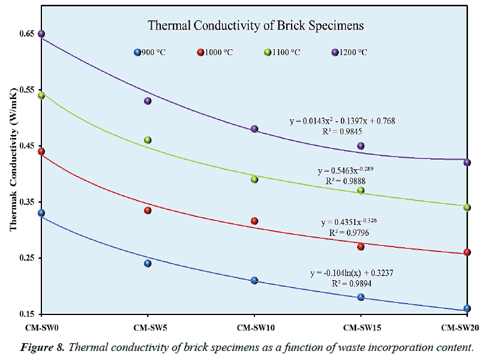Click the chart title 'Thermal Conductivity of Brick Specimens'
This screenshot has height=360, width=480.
256,26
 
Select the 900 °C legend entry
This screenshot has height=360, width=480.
150,52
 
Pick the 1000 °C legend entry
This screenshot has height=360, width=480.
215,52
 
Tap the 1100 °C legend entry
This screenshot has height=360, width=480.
283,52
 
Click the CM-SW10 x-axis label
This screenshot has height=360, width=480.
254,328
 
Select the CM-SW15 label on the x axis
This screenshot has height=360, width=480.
361,328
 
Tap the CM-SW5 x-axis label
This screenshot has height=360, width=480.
148,328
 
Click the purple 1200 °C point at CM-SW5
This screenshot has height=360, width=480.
148,101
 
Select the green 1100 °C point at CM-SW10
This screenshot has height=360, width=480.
254,179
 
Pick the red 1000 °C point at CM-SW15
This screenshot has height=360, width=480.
361,247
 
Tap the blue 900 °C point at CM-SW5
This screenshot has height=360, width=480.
148,263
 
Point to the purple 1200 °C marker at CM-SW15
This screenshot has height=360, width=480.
361,146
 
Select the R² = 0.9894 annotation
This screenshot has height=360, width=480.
352,283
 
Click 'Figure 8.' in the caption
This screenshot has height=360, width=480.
43,347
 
